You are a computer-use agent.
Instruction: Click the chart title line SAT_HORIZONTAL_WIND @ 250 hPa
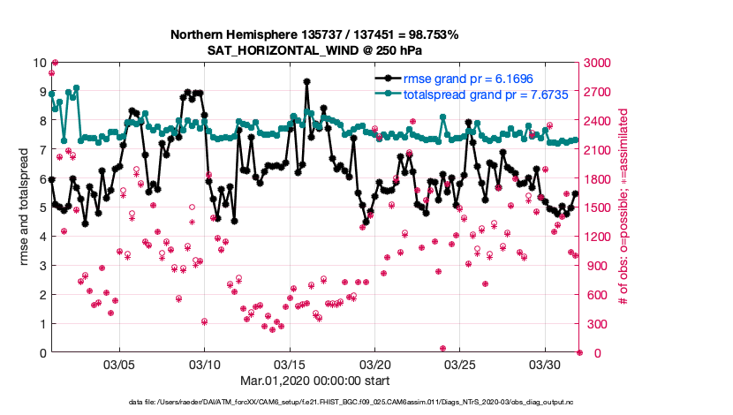[x=314, y=49]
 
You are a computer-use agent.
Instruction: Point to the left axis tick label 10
[x=38, y=63]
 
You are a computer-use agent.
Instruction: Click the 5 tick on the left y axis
[x=42, y=207]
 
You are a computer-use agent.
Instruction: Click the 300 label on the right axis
[x=596, y=324]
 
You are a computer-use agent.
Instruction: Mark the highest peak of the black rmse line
[x=306, y=81]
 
